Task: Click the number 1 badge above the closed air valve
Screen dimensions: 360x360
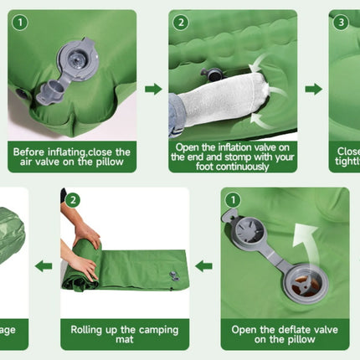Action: [x=19, y=22]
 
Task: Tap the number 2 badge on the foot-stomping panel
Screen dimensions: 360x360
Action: [x=180, y=22]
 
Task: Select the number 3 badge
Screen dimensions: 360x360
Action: [x=340, y=22]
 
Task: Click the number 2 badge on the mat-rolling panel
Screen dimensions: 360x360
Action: [x=73, y=200]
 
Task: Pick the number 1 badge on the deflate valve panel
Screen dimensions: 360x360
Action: [x=234, y=200]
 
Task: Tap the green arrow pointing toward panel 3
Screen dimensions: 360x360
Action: [x=313, y=89]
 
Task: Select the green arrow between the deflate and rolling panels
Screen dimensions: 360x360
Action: [x=204, y=266]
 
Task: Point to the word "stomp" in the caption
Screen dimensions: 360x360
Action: [x=236, y=157]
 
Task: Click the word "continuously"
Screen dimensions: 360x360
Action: [x=233, y=167]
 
